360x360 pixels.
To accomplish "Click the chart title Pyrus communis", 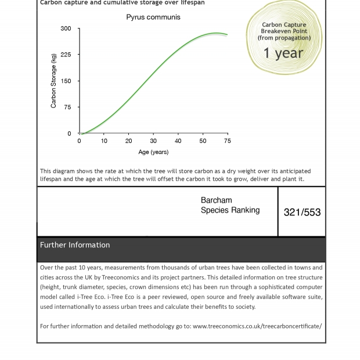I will click(153, 17).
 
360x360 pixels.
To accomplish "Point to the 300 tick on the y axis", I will click(66, 28).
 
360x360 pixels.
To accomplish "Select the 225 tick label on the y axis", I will click(66, 55).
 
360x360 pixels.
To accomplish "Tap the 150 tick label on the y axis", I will click(66, 81).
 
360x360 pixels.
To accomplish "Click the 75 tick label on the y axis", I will click(67, 107).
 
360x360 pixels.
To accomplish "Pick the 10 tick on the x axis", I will click(104, 141).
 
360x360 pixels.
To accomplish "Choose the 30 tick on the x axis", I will click(153, 141).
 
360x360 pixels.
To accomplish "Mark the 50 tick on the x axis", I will click(203, 141).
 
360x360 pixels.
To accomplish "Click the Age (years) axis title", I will click(153, 152).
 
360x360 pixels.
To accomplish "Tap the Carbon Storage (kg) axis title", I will click(53, 81).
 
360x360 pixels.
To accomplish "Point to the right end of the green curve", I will click(227, 35).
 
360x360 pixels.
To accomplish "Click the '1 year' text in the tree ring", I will click(283, 53).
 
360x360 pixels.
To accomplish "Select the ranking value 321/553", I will click(302, 213).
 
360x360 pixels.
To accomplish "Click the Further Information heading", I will click(75, 245).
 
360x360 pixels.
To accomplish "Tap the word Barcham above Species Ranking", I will click(216, 200).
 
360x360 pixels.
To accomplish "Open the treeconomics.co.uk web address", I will click(257, 326).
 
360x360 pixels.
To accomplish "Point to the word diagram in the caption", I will click(66, 171).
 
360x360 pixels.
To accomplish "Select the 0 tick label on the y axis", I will click(69, 134).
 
